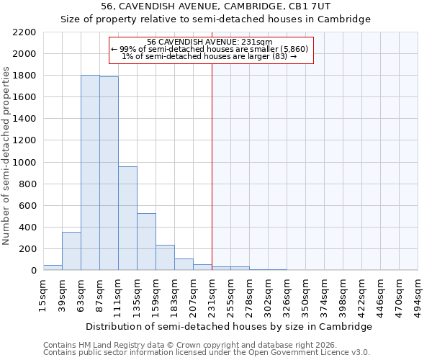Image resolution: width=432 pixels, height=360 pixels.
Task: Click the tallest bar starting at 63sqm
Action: click(x=90, y=173)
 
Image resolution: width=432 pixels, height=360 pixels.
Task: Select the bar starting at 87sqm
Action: click(x=109, y=174)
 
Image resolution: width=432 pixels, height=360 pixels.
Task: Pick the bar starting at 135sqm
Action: click(x=146, y=242)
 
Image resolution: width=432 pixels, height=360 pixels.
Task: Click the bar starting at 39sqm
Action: click(x=71, y=251)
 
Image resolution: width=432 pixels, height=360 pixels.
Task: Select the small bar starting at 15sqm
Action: click(x=53, y=267)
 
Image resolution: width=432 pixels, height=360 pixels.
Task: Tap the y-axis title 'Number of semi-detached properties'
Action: click(x=7, y=156)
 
